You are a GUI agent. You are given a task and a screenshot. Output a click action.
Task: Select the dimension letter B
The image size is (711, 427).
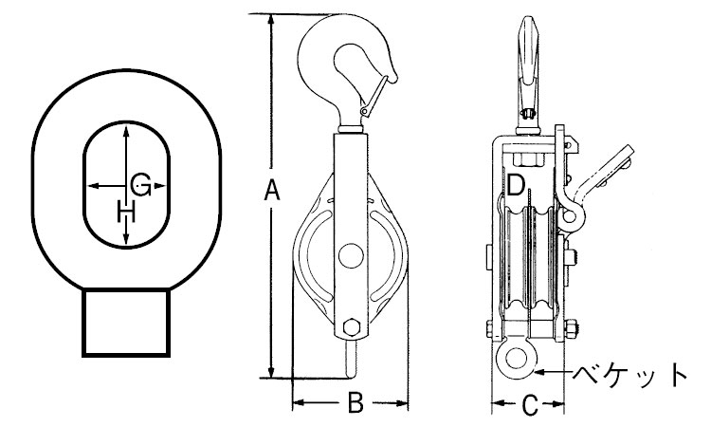[354, 403]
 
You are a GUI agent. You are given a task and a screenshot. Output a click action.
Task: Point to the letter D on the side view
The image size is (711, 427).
[516, 185]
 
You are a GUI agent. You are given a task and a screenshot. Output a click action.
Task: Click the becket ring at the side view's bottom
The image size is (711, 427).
[515, 358]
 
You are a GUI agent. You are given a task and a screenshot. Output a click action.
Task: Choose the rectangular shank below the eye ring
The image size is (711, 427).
[127, 324]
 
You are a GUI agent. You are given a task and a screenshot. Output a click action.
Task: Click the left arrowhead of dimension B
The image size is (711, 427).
[297, 403]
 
